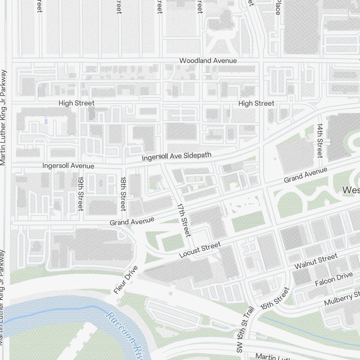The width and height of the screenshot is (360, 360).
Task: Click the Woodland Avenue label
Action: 208,60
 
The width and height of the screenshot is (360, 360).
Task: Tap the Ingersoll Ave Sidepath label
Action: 176,157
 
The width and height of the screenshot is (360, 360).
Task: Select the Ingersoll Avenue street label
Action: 68,166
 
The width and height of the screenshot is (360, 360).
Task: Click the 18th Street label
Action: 123,194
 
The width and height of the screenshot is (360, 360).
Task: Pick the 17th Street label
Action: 183,220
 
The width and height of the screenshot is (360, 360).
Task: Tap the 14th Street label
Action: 319,141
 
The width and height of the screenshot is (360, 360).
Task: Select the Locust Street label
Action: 200,250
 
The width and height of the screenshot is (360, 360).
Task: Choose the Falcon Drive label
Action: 334,279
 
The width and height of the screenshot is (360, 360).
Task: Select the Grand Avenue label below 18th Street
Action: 132,221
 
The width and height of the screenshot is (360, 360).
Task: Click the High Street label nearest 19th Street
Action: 76,103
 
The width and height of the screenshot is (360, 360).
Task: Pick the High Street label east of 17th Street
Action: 256,103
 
